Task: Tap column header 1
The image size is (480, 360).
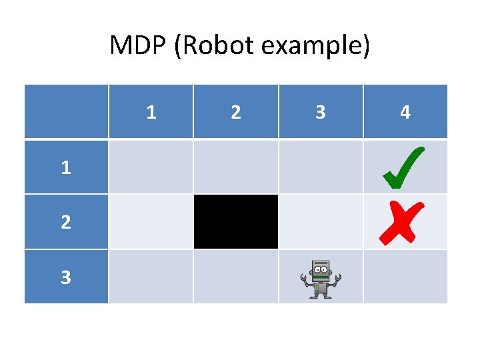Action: click(151, 112)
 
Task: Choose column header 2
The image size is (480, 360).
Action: click(236, 112)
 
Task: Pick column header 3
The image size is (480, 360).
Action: click(321, 112)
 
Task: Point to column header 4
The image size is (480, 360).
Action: click(405, 112)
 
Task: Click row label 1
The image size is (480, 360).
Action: click(65, 167)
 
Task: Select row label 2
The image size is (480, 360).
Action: click(65, 222)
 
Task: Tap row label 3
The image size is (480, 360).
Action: click(65, 277)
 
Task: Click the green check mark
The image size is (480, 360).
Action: click(404, 167)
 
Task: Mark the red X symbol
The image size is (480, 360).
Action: click(401, 223)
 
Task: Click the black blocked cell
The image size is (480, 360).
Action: click(236, 222)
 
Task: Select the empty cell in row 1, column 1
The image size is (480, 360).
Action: click(151, 167)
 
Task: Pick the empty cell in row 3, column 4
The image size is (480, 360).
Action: click(405, 277)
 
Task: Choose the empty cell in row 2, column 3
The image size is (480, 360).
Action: click(321, 222)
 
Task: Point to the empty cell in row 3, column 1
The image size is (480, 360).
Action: click(151, 277)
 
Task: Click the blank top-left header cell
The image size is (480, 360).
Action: click(66, 112)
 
